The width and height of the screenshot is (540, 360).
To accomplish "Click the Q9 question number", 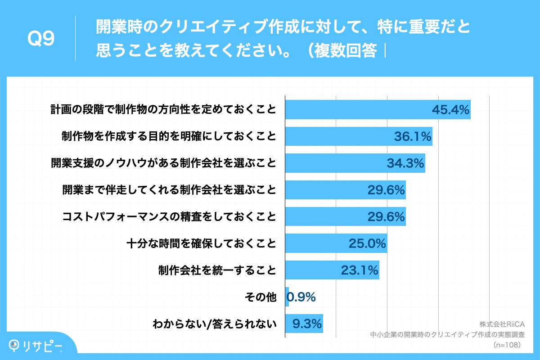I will click(x=41, y=40).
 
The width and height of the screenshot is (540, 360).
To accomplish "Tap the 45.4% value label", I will click(x=450, y=110).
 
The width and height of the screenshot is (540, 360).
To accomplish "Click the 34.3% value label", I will click(x=405, y=163).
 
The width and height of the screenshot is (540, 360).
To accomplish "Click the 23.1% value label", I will click(x=359, y=270).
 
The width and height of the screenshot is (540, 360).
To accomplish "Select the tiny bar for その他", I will click(x=287, y=297).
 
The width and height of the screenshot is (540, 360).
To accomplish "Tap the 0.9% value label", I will click(x=301, y=297).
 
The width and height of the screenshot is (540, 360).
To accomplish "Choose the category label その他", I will click(x=260, y=297).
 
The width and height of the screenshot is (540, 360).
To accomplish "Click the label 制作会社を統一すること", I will click(x=216, y=270).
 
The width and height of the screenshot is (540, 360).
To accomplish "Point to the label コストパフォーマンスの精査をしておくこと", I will click(x=169, y=217).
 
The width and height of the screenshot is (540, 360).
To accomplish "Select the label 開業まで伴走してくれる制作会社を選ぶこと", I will click(x=169, y=190).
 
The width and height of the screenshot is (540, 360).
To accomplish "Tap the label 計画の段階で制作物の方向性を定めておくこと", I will click(x=163, y=110).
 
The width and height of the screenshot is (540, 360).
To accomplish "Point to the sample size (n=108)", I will click(x=507, y=345).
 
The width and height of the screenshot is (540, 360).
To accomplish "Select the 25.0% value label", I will click(x=367, y=243).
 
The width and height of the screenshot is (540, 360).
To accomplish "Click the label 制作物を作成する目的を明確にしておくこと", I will click(x=169, y=136).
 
